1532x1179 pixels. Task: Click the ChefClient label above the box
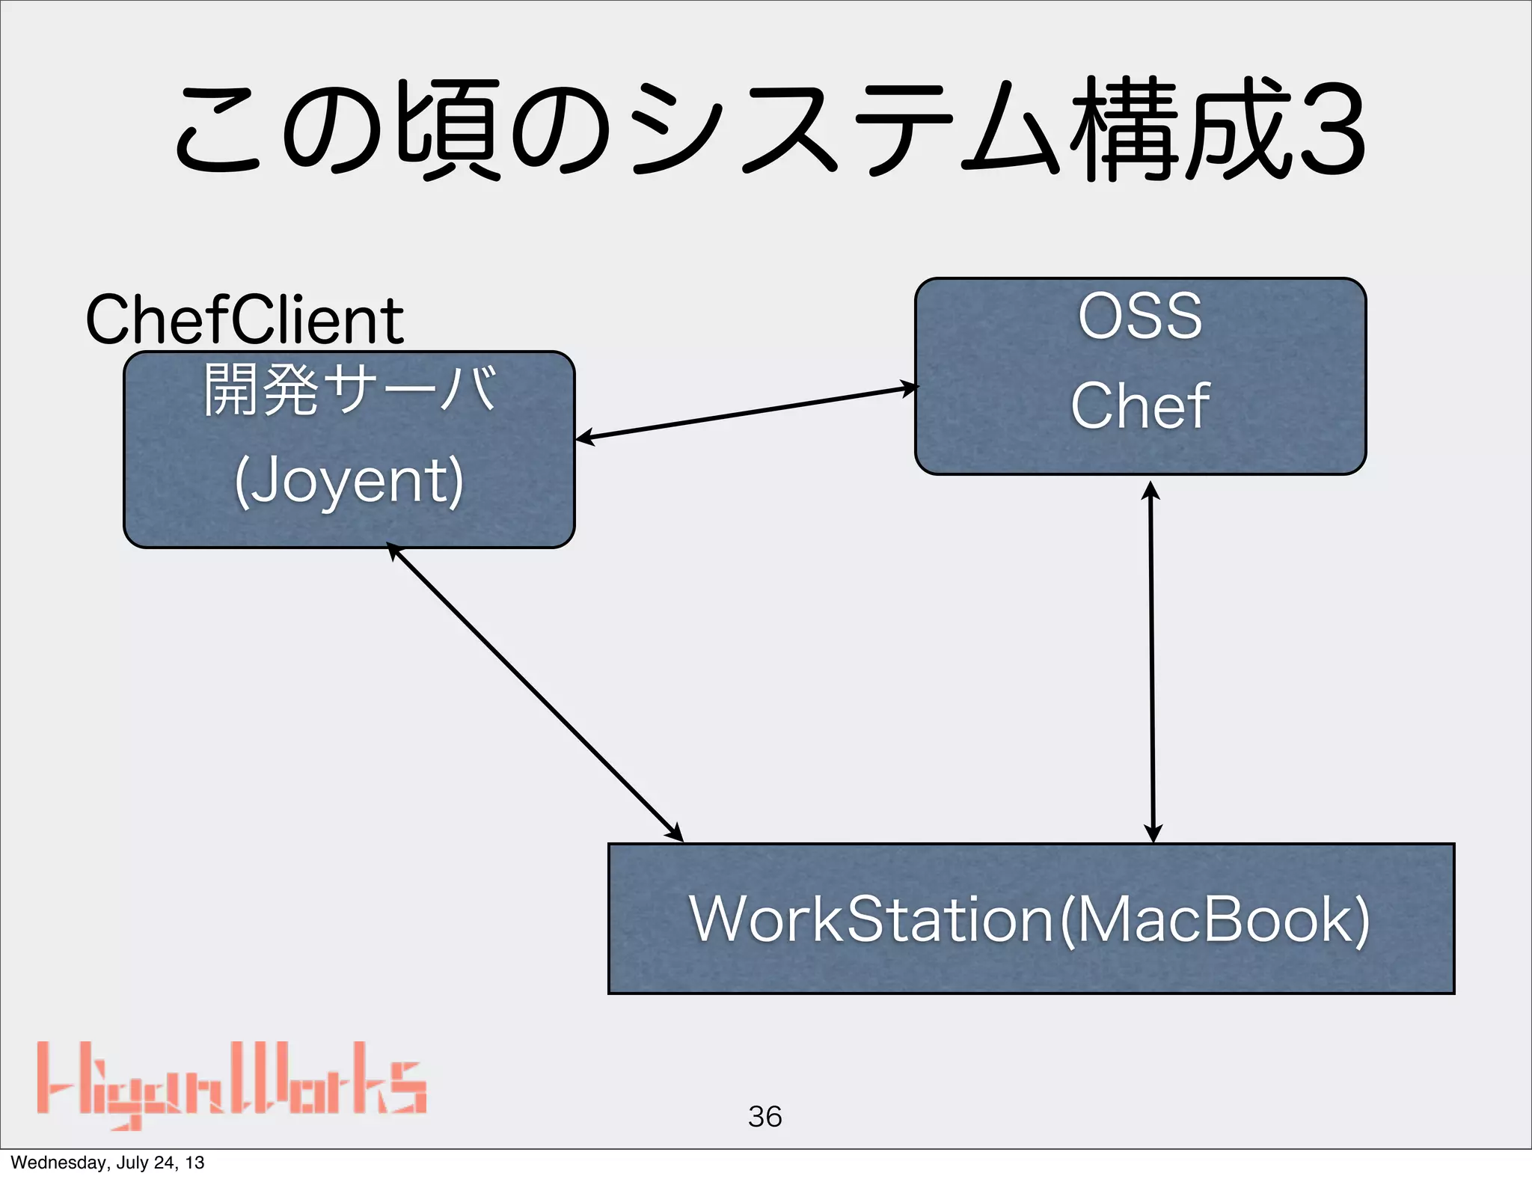245,320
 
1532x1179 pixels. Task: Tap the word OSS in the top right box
1140,316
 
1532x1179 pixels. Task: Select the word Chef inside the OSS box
1140,405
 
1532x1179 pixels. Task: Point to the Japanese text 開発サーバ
349,389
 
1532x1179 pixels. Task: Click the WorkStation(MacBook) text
1030,919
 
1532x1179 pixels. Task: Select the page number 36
765,1117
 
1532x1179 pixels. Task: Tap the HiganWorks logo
232,1085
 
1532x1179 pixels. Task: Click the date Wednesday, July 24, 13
107,1163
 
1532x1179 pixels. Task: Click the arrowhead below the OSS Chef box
1150,491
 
